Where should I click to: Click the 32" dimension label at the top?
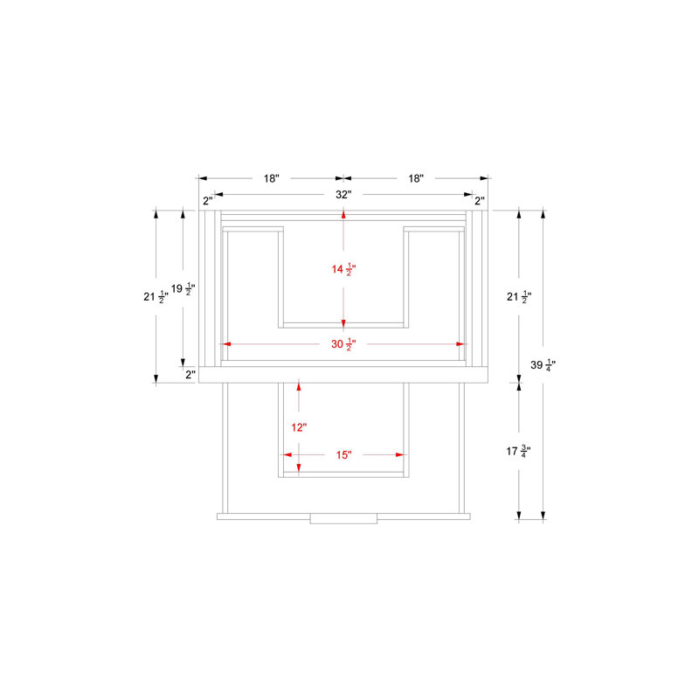coord(343,194)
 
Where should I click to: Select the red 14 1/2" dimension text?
coord(343,269)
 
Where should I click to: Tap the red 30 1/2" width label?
coord(343,344)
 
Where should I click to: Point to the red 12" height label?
coord(299,427)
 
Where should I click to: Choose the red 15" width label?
coord(343,454)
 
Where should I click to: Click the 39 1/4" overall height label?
coord(543,365)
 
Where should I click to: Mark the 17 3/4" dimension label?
coord(518,452)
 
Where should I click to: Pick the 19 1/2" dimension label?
coord(183,289)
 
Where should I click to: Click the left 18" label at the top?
coord(271,178)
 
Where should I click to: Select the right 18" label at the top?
coord(416,178)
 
